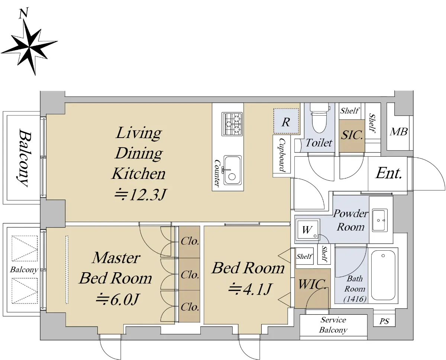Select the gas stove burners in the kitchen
[232, 124]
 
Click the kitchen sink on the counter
[232, 170]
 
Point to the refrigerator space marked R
[286, 121]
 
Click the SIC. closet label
[352, 135]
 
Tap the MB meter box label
[398, 132]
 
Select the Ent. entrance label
[389, 173]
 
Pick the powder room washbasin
[380, 220]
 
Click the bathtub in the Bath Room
[383, 275]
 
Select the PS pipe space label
[384, 321]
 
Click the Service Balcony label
[333, 325]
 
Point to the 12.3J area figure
[141, 195]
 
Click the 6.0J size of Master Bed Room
[117, 299]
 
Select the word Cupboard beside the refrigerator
[282, 155]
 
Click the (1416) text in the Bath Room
[355, 299]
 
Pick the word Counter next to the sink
[217, 173]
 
